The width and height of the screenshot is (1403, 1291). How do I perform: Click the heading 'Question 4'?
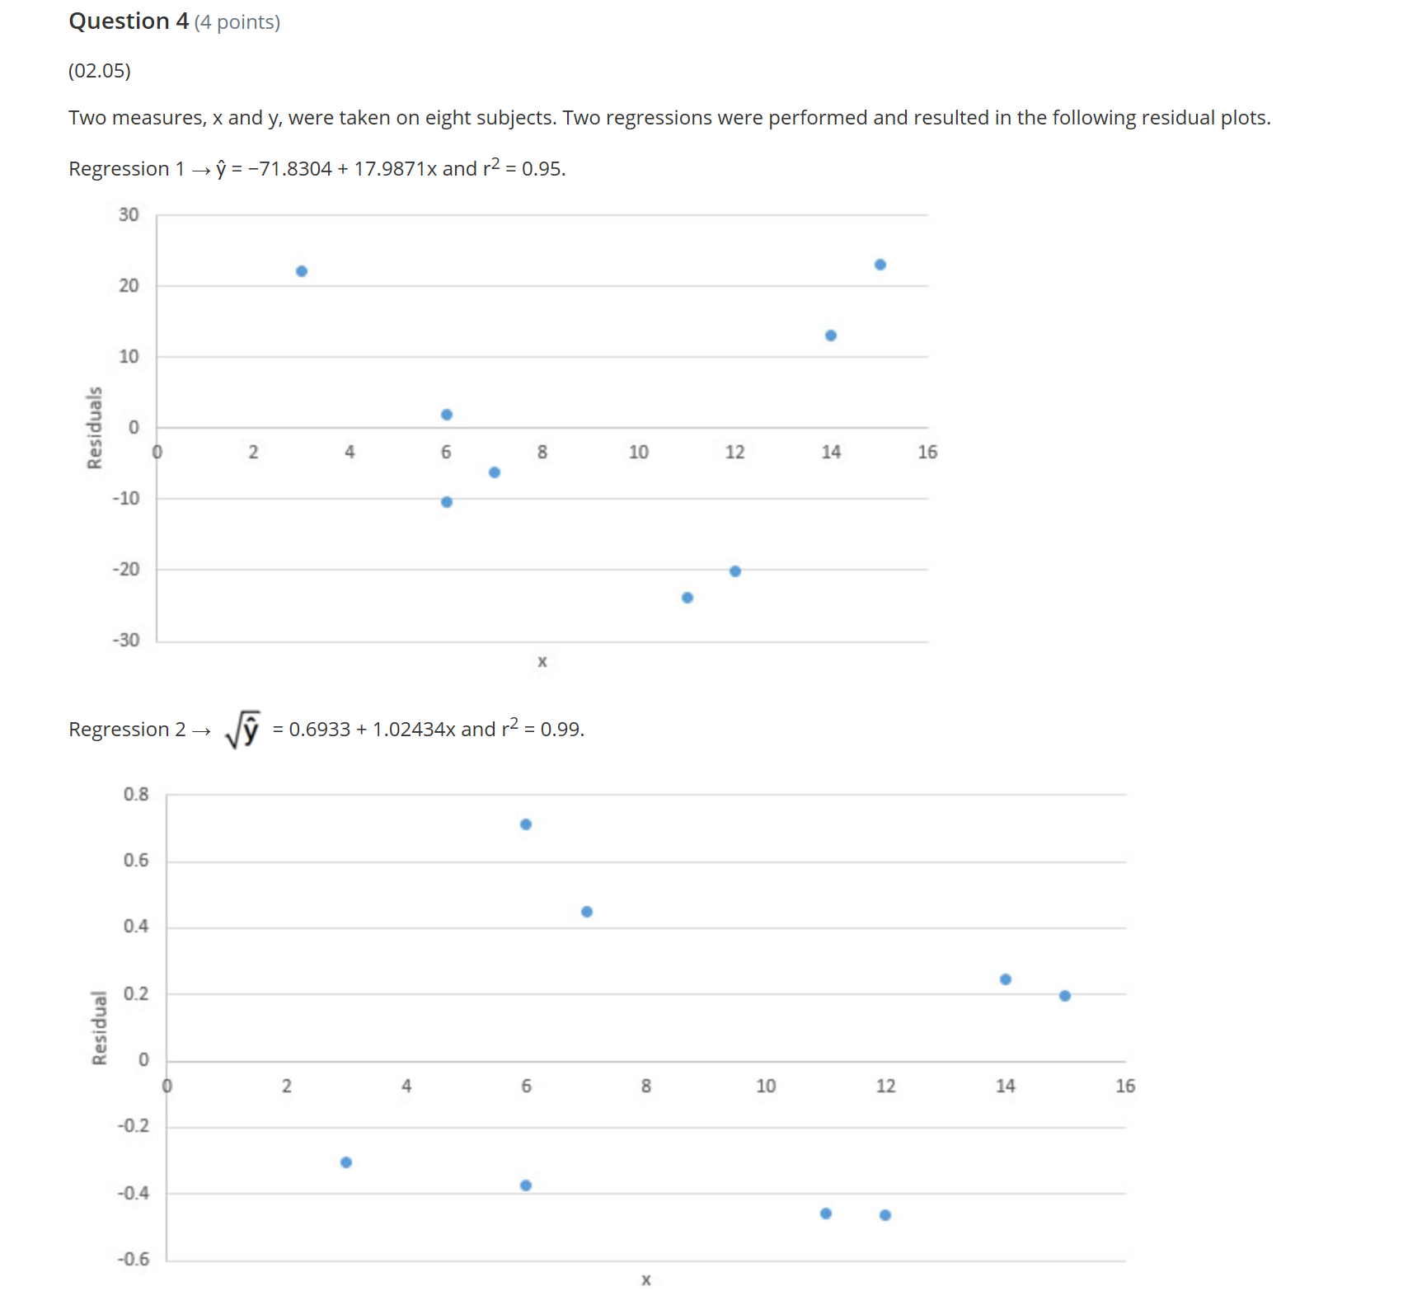[129, 21]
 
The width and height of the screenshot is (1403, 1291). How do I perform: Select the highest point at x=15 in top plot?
[880, 265]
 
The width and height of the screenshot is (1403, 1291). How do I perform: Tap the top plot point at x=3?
[302, 271]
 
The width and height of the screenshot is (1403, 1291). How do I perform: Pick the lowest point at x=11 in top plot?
[687, 598]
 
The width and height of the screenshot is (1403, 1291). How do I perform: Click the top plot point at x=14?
[831, 336]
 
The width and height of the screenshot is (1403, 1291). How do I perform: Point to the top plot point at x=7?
[495, 472]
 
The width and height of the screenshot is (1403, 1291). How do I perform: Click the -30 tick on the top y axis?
[126, 641]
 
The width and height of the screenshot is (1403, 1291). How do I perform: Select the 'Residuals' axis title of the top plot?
[95, 428]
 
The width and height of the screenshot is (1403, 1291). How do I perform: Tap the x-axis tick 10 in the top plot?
[638, 452]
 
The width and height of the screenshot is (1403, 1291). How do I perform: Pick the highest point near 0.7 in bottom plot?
[526, 824]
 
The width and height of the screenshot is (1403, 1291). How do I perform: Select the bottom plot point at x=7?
[587, 912]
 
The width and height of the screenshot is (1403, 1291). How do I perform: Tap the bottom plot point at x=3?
[346, 1162]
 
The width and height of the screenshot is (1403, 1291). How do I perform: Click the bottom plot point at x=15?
[1065, 996]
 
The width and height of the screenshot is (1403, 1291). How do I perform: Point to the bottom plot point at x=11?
[826, 1214]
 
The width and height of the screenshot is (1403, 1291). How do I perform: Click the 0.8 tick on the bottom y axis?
[136, 794]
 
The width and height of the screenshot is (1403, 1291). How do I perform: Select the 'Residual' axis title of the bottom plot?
[100, 1028]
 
